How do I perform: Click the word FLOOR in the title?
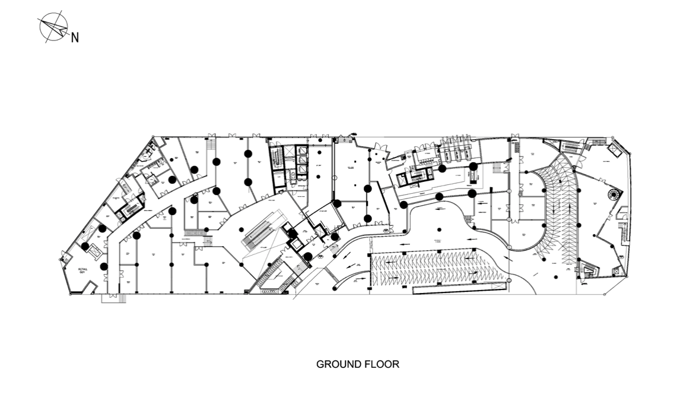pyautogui.click(x=381, y=364)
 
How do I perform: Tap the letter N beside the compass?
pyautogui.click(x=75, y=38)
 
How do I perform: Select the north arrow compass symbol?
pyautogui.click(x=53, y=27)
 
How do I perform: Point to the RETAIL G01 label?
pyautogui.click(x=83, y=272)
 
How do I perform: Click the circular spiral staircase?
pyautogui.click(x=612, y=194)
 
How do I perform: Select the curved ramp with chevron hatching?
pyautogui.click(x=558, y=202)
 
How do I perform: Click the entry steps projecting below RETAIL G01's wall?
pyautogui.click(x=114, y=298)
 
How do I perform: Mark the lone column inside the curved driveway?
pyautogui.click(x=437, y=229)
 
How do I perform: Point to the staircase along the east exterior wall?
pyautogui.click(x=623, y=232)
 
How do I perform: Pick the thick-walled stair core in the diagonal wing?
pyautogui.click(x=129, y=208)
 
